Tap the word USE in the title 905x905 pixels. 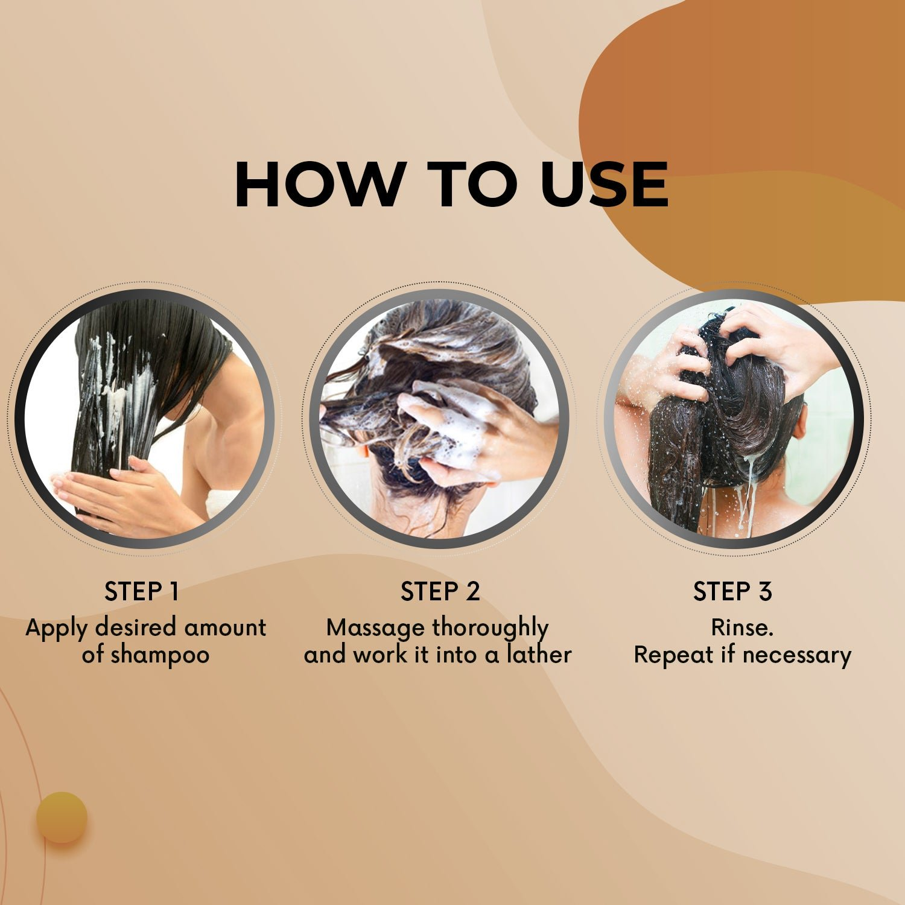coord(605,185)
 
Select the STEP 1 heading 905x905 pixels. coord(142,591)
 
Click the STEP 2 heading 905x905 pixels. coord(440,591)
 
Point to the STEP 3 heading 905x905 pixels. coord(732,591)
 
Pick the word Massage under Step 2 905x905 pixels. coord(375,629)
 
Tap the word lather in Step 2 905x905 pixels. coord(539,654)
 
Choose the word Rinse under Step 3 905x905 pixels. coord(742,627)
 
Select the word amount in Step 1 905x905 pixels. coord(225,628)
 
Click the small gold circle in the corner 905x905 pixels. coord(62,818)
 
